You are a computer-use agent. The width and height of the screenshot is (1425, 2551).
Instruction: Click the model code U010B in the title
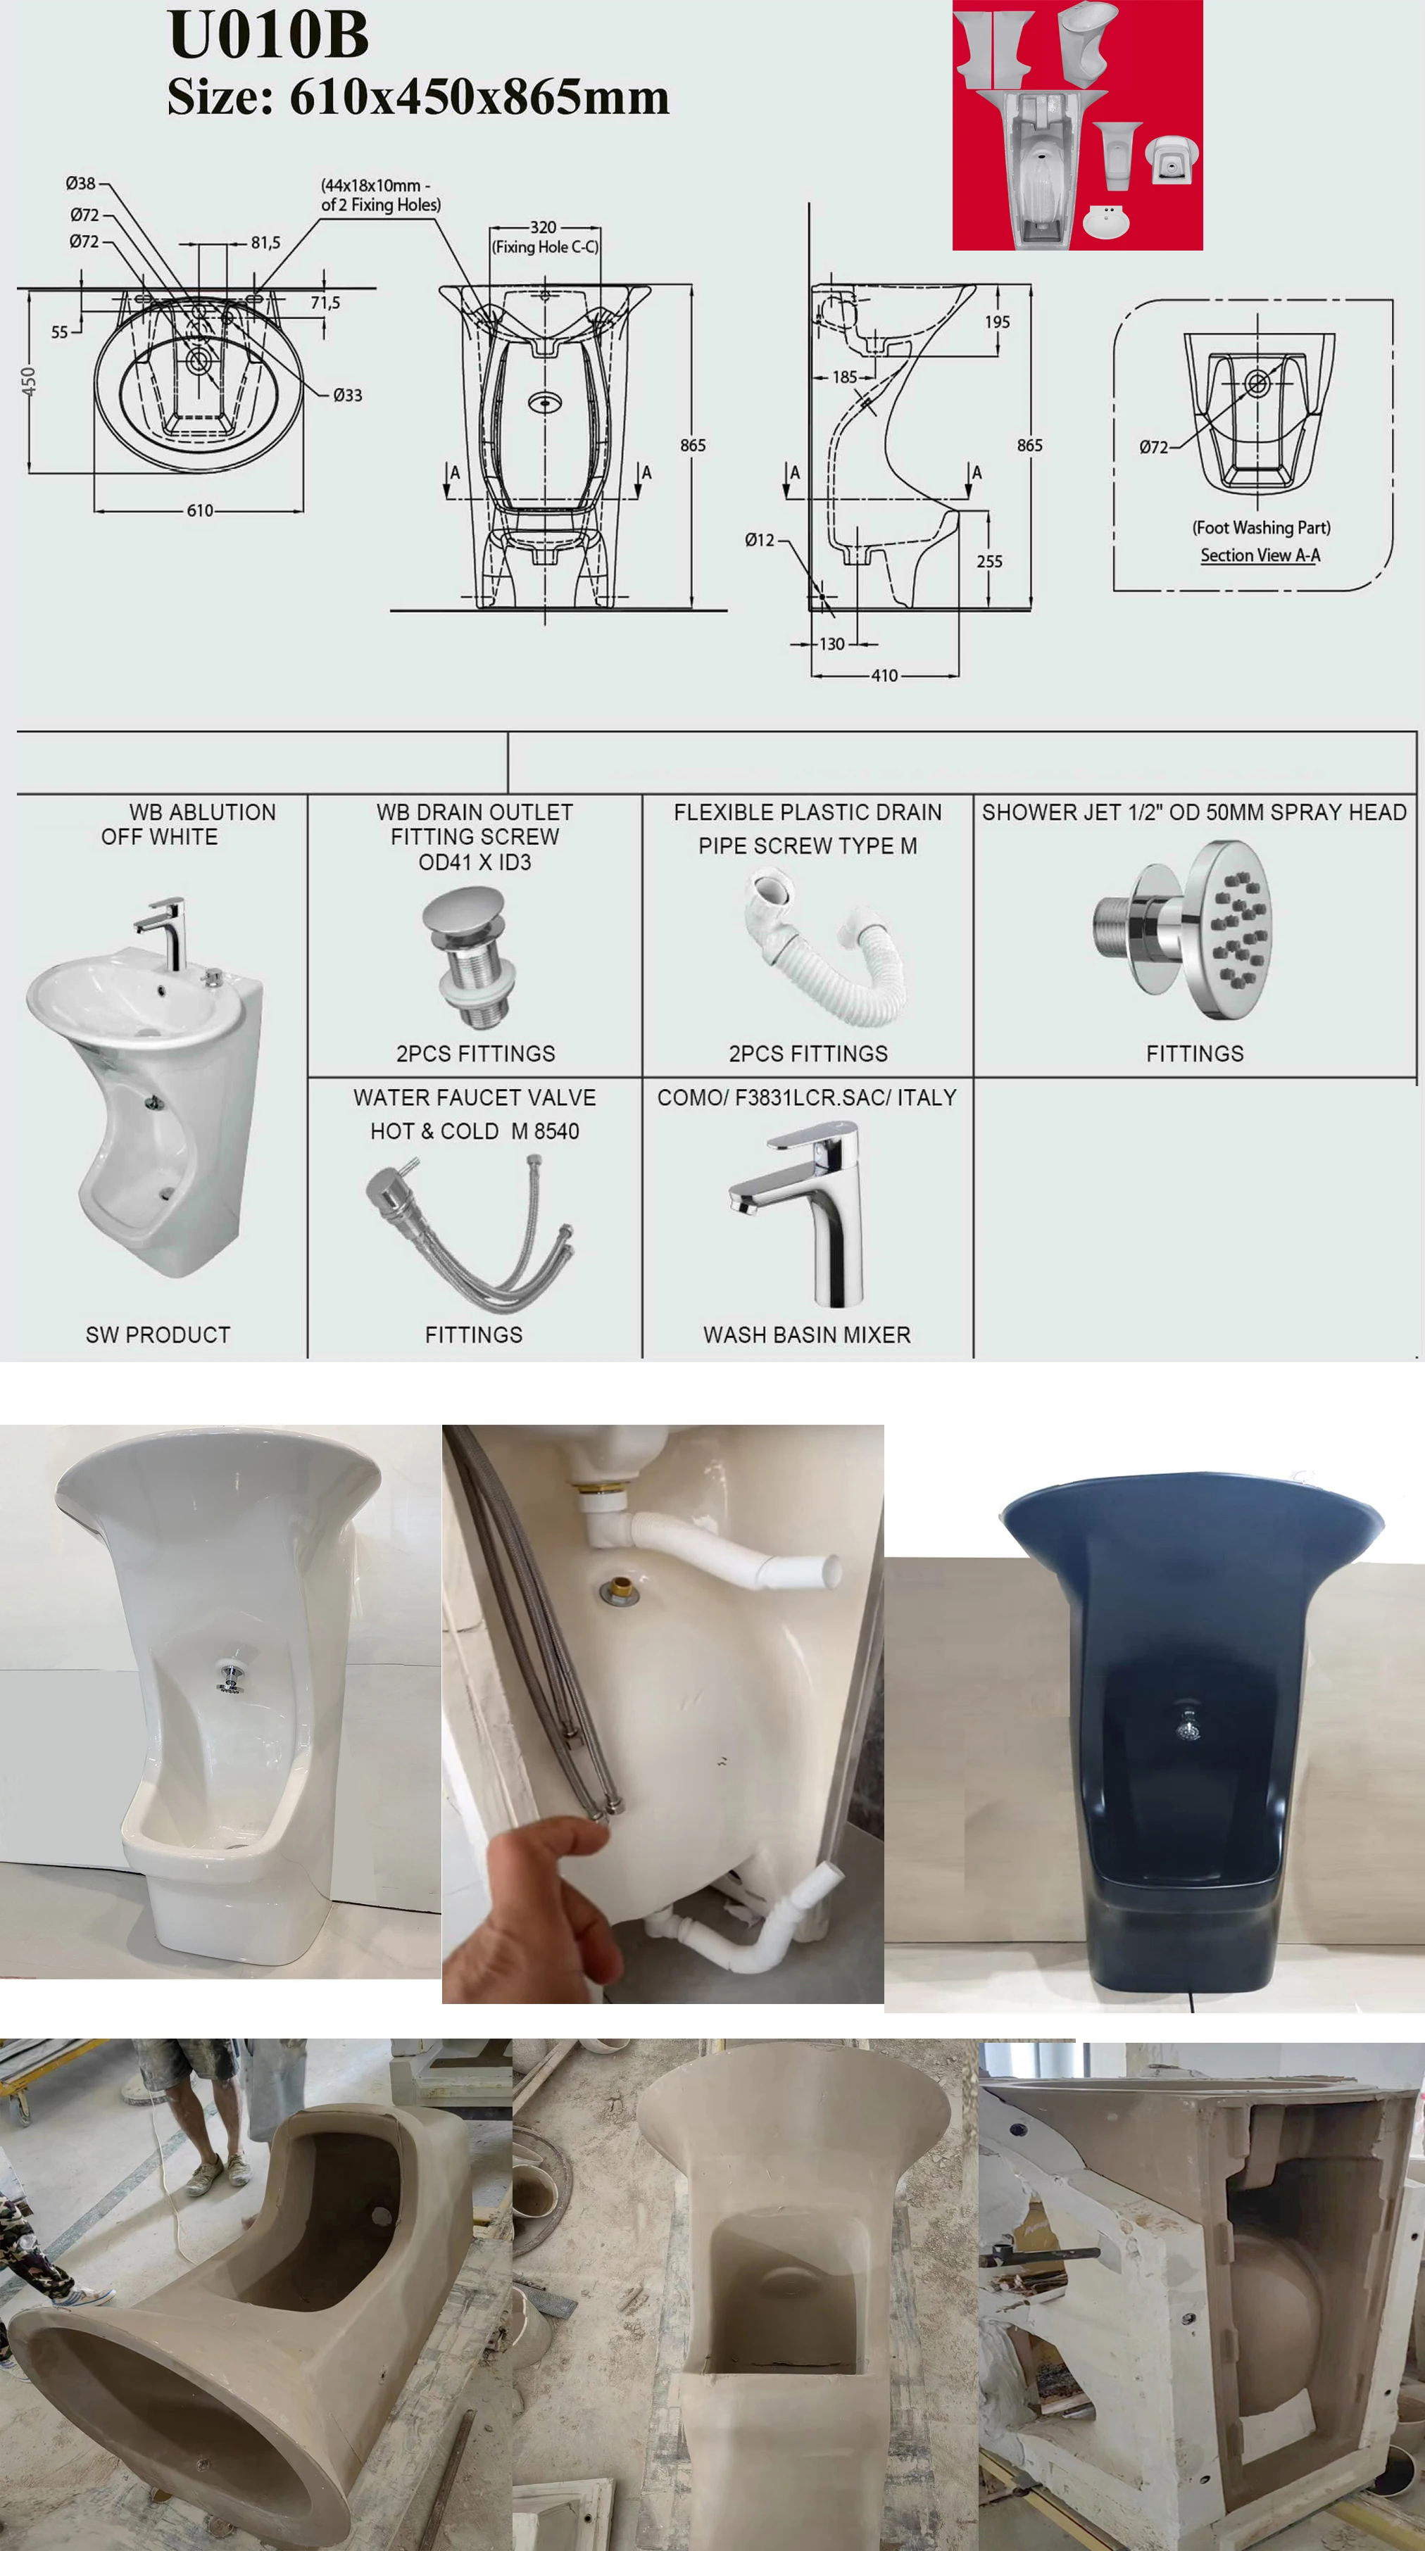(x=268, y=36)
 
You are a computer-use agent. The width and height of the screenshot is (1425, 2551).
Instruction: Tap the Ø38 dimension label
(x=80, y=183)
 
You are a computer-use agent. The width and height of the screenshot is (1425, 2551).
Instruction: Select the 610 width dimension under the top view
(x=200, y=510)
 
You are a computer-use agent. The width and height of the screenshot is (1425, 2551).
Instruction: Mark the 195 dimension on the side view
(x=997, y=322)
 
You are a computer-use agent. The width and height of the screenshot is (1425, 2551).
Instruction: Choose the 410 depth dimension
(x=884, y=675)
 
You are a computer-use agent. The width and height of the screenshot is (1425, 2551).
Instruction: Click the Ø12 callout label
(x=760, y=540)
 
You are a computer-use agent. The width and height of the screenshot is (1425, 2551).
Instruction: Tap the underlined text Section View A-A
(x=1260, y=555)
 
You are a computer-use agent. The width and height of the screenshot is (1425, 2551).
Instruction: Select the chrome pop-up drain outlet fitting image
(x=470, y=957)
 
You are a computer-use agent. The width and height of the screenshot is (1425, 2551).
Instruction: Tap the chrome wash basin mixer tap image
(x=807, y=1213)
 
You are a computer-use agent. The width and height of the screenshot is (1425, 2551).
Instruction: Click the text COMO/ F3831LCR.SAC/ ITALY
(x=807, y=1097)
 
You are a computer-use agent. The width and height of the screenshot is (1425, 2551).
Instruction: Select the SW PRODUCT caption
(x=158, y=1335)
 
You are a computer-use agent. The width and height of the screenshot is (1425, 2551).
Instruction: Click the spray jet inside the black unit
(x=1186, y=1721)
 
